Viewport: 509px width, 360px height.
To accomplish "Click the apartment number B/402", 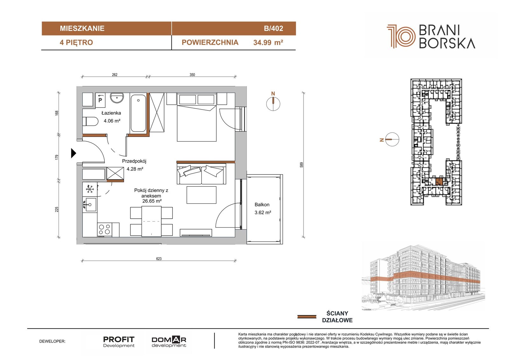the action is (273, 28).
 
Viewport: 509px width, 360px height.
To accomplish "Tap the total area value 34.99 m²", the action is (268, 43).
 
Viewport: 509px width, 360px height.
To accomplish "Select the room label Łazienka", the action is (111, 113).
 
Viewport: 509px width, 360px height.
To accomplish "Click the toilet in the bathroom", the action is (90, 121).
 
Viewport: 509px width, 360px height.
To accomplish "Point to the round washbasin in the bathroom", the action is (117, 98).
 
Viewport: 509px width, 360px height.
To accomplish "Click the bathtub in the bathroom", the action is (138, 113).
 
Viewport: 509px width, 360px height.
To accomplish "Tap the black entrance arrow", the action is (73, 153).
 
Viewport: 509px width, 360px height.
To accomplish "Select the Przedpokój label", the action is (134, 161).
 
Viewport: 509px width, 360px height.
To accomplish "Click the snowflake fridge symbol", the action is (90, 189).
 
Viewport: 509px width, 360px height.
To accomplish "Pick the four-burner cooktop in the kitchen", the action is (105, 229).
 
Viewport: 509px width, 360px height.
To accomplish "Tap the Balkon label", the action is (262, 204).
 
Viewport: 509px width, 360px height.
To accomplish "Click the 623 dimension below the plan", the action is (159, 258).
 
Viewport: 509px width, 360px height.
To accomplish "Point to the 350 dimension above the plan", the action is (192, 74).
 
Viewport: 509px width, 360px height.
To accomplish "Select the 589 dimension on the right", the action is (301, 165).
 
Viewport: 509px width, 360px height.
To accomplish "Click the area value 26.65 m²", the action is (152, 201).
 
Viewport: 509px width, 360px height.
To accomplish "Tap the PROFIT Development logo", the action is (119, 342).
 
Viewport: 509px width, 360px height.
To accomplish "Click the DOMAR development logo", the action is (169, 342).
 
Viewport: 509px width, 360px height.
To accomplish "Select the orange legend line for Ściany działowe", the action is (307, 316).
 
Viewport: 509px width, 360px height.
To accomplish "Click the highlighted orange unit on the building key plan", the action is (439, 181).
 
